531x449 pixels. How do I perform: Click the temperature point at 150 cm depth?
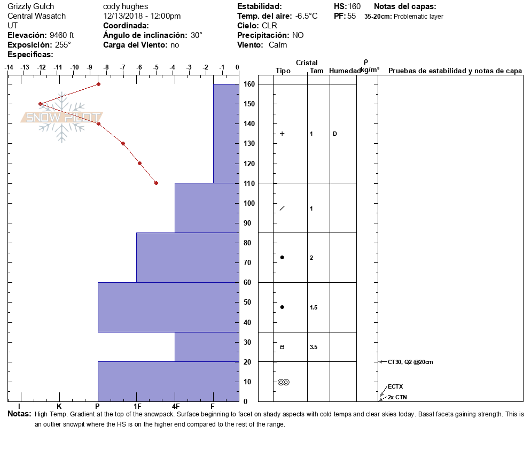[x=40, y=104]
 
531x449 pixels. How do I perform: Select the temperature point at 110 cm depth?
[x=156, y=183]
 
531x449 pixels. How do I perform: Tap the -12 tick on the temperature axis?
[x=41, y=67]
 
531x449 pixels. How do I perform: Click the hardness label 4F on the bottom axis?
[x=175, y=407]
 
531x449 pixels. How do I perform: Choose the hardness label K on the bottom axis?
[x=59, y=407]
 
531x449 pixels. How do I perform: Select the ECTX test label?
[x=395, y=386]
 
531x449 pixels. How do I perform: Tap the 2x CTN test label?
[x=398, y=397]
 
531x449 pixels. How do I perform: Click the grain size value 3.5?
[x=314, y=347]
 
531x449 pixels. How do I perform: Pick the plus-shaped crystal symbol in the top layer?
[x=282, y=134]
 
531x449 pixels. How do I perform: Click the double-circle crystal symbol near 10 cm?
[x=283, y=382]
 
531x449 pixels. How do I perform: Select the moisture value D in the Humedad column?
[x=335, y=134]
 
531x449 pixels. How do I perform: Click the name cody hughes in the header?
[x=126, y=6]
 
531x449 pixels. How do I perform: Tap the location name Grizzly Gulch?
[x=31, y=6]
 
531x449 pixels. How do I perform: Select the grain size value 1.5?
[x=314, y=307]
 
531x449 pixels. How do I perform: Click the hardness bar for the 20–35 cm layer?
[x=206, y=347]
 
